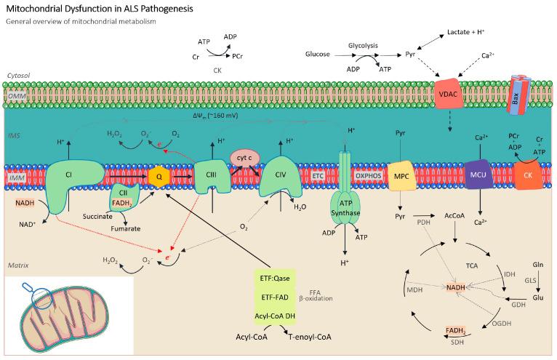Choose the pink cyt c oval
(x=244, y=156)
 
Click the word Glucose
(x=317, y=54)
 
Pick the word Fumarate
(x=125, y=228)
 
